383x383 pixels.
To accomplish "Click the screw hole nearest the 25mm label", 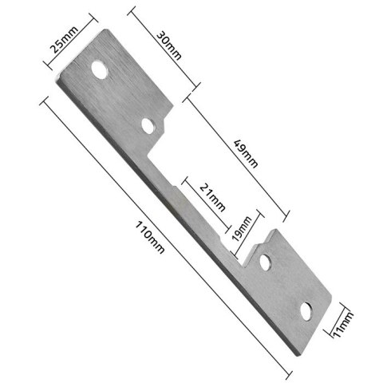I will (100, 70).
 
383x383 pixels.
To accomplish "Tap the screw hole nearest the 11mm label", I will (306, 310).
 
